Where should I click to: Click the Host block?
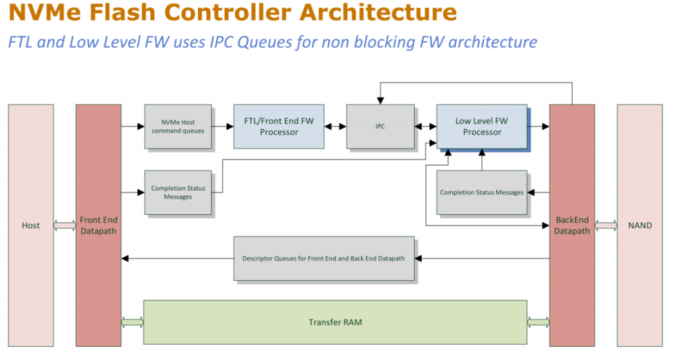coord(31,225)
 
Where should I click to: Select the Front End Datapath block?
coord(99,225)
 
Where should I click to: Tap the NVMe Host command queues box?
coord(178,127)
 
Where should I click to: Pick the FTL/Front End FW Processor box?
coord(279,127)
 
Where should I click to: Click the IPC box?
coord(380,127)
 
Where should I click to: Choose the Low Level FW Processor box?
coord(482,127)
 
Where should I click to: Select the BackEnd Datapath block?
coord(572,225)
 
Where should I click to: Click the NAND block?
coord(639,225)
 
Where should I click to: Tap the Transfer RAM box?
coord(335,322)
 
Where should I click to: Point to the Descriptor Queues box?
coord(324,258)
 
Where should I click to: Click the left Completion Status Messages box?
coord(178,193)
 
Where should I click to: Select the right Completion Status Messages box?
coord(482,193)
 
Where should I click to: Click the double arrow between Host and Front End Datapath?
coord(65,225)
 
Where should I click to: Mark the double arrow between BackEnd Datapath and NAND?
coord(606,225)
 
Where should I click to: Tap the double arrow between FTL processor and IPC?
coord(336,127)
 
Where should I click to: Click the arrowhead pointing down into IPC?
coord(380,101)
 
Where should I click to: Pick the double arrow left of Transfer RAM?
coord(132,322)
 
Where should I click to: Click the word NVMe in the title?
coord(44,13)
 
